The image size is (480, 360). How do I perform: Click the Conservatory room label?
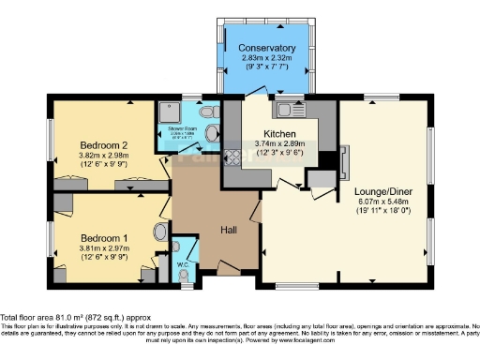pyautogui.click(x=267, y=48)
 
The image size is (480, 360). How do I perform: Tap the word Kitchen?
pyautogui.click(x=280, y=134)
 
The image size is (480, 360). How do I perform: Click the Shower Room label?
pyautogui.click(x=183, y=129)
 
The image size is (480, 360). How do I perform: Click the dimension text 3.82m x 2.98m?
pyautogui.click(x=104, y=156)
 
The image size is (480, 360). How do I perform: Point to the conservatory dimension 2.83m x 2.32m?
pyautogui.click(x=267, y=58)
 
